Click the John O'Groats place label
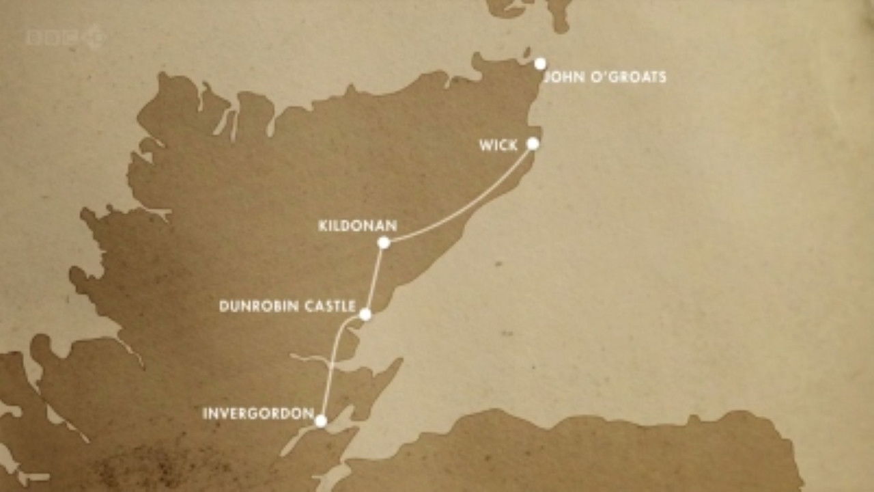tap(604, 77)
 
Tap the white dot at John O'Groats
tap(540, 64)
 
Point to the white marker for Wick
tap(533, 143)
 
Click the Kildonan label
tap(358, 225)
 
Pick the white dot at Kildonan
tap(384, 242)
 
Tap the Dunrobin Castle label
tap(287, 306)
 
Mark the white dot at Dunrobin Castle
tap(365, 314)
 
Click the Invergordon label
tap(258, 413)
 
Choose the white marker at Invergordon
tap(321, 421)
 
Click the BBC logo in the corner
tap(66, 37)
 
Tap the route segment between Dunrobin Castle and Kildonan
tap(375, 277)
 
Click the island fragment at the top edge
tap(539, 10)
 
